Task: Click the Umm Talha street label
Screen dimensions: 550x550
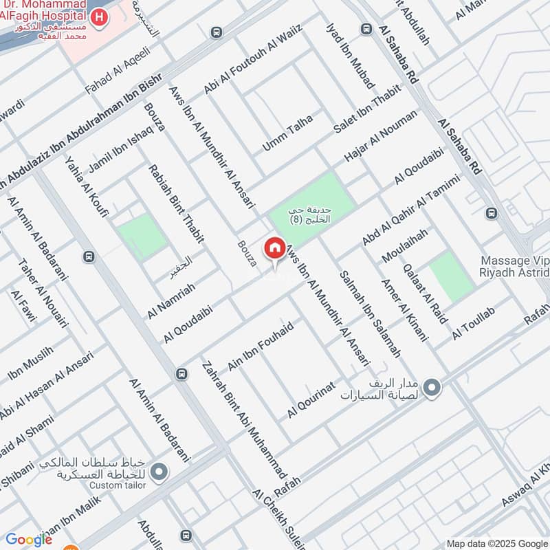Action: pyautogui.click(x=288, y=133)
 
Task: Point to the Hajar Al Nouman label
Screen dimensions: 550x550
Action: pyautogui.click(x=381, y=137)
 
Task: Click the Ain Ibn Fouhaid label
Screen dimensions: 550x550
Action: pyautogui.click(x=261, y=346)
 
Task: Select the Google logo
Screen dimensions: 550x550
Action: pyautogui.click(x=29, y=540)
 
